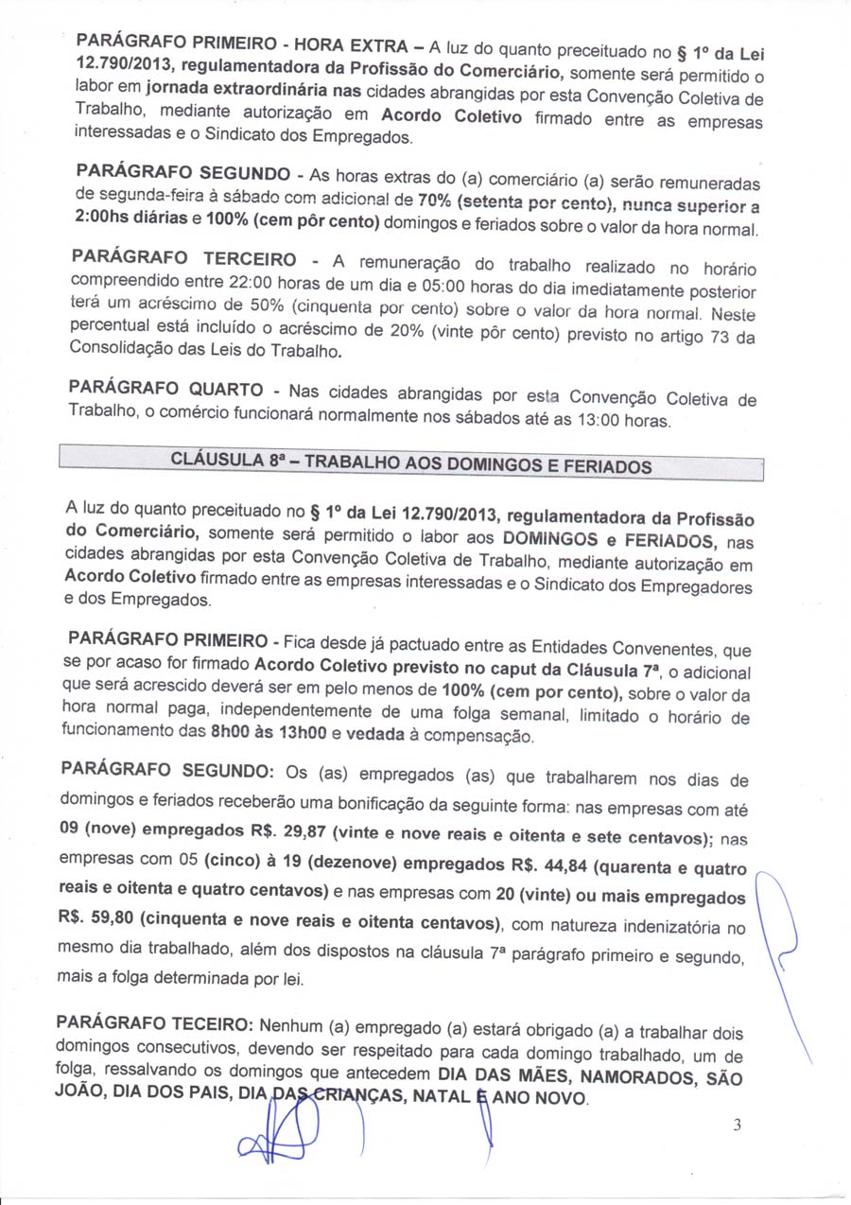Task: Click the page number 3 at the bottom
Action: pos(738,1125)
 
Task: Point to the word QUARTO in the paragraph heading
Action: pos(226,389)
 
